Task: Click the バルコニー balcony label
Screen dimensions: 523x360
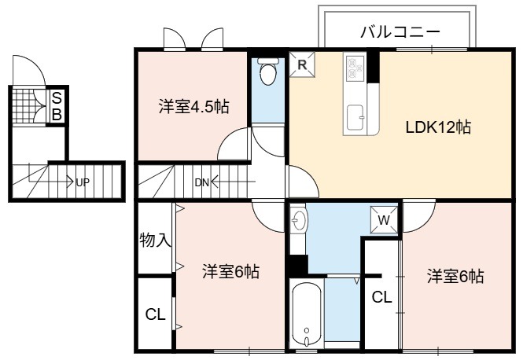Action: [400, 32]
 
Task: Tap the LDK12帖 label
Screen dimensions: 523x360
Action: [438, 127]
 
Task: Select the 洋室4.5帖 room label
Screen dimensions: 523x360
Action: [193, 107]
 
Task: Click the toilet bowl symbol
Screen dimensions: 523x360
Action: [268, 71]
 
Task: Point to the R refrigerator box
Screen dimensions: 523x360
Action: [302, 64]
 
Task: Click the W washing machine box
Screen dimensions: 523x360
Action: [385, 219]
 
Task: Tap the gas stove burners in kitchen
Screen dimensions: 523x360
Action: [355, 68]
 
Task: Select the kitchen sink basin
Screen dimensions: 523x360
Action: [355, 117]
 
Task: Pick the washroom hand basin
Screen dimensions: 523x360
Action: [299, 220]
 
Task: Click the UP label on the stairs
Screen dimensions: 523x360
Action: [83, 182]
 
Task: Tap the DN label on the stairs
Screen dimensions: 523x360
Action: [201, 182]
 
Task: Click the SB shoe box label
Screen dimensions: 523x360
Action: [57, 106]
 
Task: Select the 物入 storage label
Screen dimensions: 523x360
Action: [156, 240]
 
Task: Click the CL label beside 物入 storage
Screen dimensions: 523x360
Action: [156, 314]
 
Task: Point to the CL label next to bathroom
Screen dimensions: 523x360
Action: [382, 296]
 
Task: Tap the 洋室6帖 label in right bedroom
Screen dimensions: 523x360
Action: [455, 277]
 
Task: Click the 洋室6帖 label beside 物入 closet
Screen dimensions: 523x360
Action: [230, 272]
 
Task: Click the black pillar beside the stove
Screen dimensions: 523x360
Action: [374, 67]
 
